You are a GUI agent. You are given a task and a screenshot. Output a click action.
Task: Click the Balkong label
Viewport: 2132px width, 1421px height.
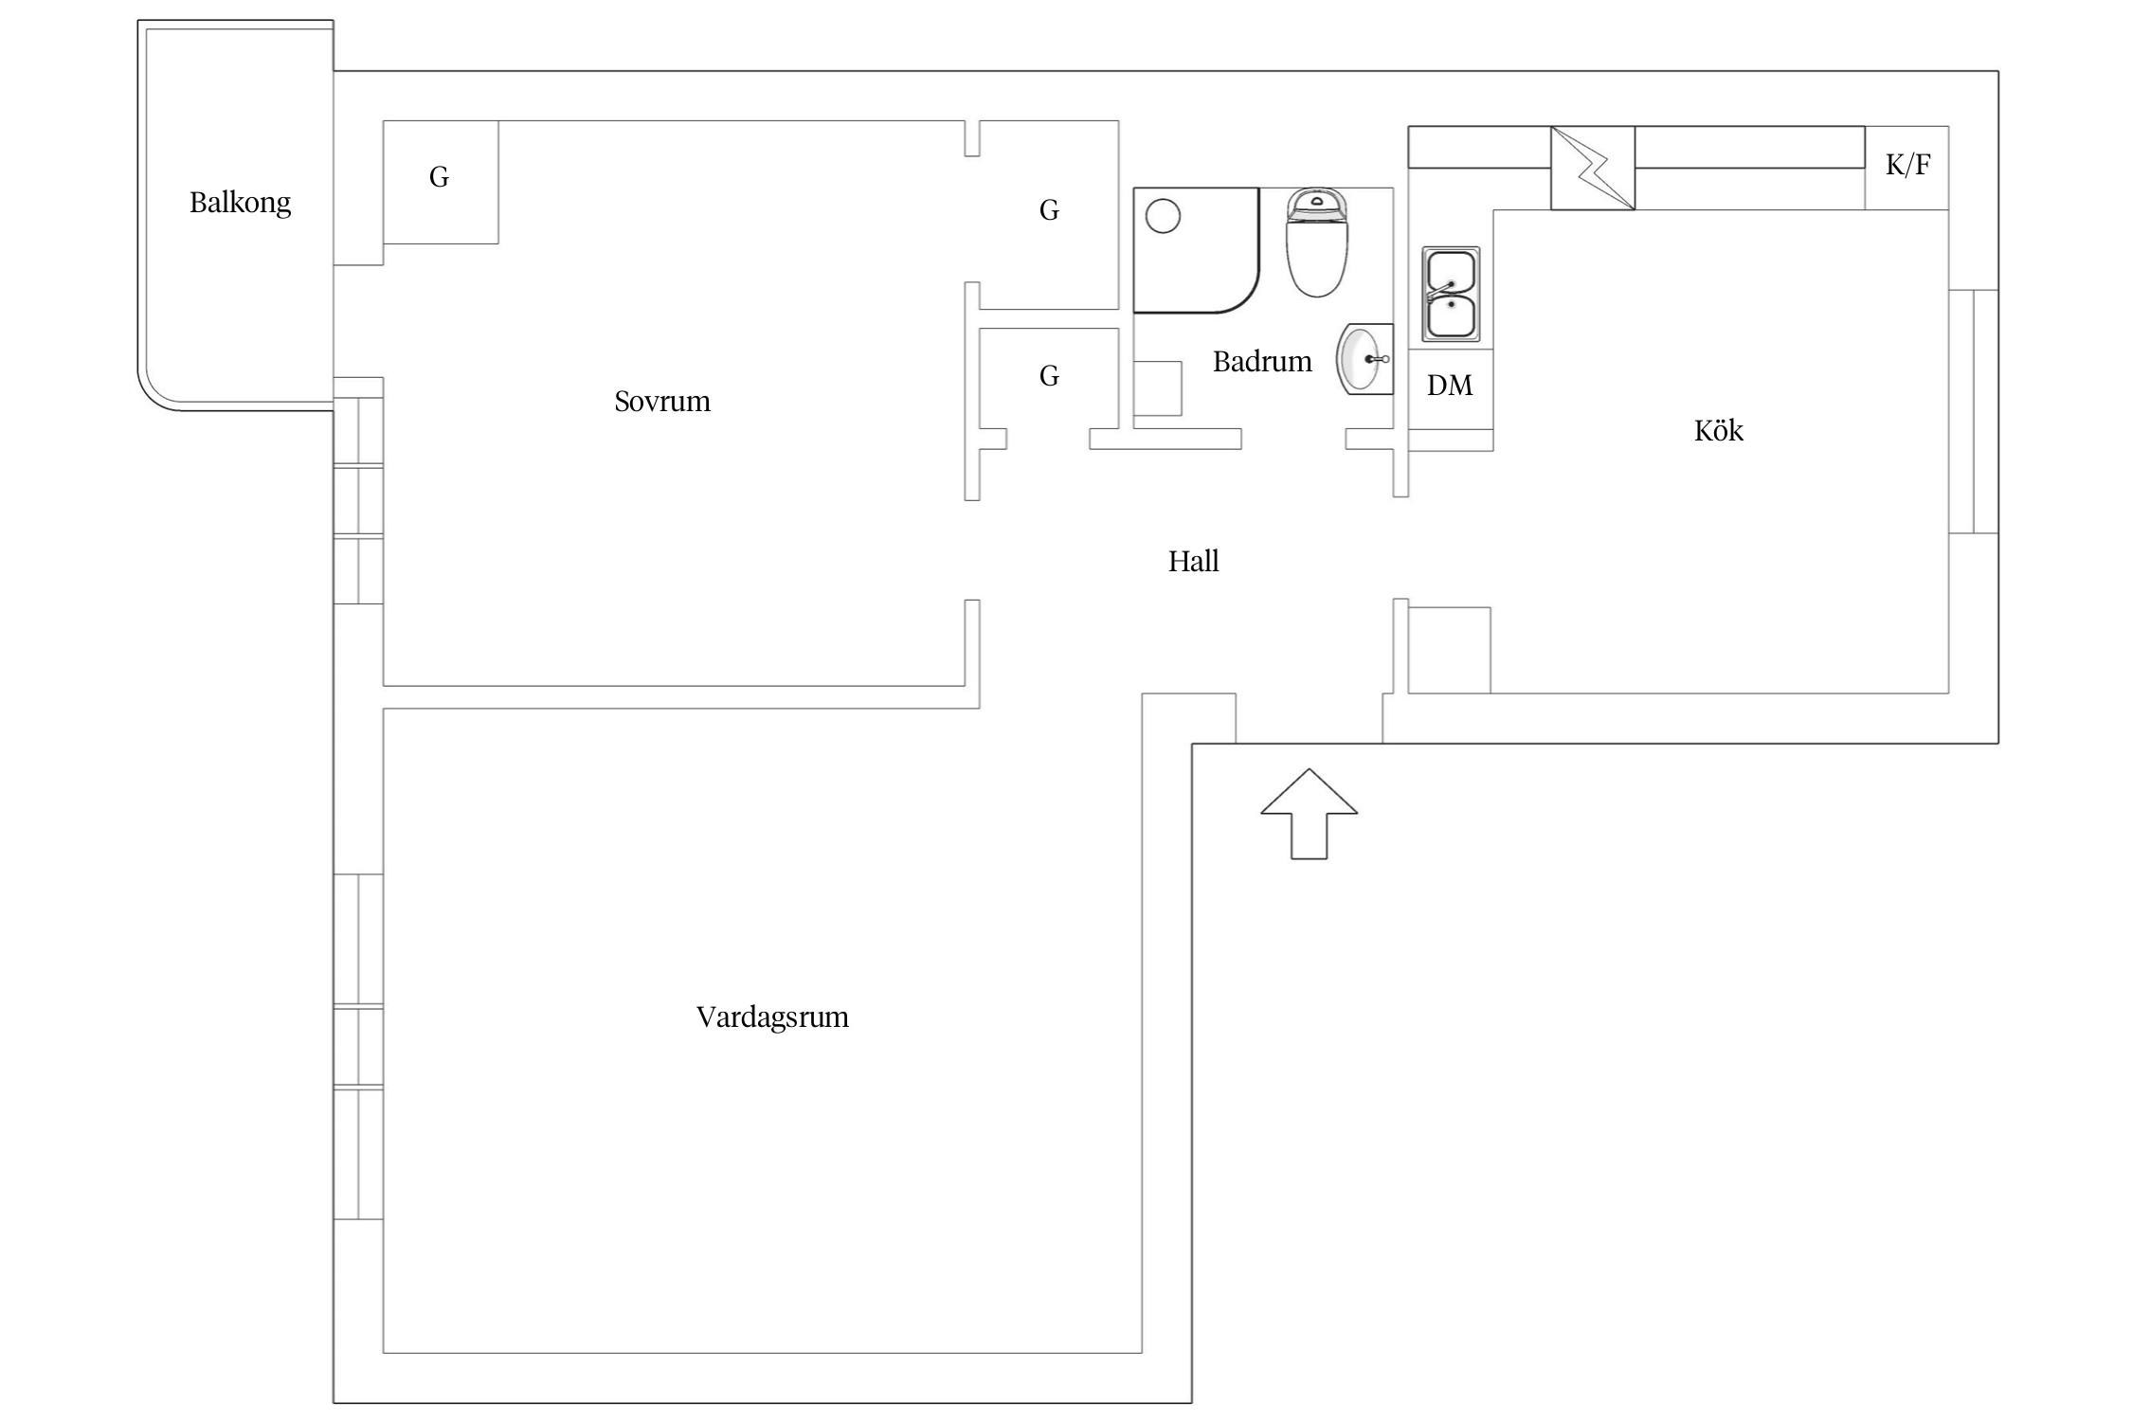click(x=240, y=203)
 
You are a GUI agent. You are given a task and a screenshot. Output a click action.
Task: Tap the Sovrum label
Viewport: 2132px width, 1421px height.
click(x=662, y=402)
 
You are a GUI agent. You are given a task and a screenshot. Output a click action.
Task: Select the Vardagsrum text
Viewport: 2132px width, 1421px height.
click(x=772, y=1017)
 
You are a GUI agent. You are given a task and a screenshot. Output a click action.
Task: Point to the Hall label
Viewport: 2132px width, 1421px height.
click(x=1193, y=562)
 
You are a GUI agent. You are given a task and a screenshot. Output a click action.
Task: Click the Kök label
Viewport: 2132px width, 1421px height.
click(x=1718, y=431)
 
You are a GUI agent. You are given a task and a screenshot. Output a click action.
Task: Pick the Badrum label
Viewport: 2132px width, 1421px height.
click(x=1262, y=362)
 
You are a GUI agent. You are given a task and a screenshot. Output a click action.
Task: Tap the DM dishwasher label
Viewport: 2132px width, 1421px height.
click(x=1450, y=386)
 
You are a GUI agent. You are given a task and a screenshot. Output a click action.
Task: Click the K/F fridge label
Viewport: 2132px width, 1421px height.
click(x=1907, y=165)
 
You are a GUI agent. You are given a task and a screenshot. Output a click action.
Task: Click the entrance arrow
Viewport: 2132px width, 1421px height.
click(x=1309, y=814)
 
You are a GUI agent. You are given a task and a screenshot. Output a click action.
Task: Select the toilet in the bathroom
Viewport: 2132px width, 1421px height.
click(x=1317, y=243)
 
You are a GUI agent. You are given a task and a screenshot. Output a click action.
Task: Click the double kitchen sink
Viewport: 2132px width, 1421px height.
click(x=1451, y=294)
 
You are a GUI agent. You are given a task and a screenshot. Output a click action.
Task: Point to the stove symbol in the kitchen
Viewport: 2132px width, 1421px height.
click(x=1593, y=168)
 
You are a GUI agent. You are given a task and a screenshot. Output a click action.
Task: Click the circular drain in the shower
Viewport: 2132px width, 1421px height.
click(x=1163, y=216)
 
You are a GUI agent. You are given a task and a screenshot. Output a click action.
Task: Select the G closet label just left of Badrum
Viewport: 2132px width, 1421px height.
click(x=1049, y=376)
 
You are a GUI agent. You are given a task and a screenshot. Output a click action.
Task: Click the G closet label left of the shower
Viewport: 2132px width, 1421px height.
click(x=1049, y=210)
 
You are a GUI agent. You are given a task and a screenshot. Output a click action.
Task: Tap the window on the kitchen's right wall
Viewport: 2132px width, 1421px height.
click(x=1974, y=412)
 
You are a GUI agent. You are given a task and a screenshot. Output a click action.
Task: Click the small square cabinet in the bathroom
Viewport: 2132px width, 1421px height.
click(x=1158, y=388)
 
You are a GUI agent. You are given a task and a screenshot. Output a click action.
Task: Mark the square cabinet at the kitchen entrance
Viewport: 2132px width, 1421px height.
click(x=1449, y=651)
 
